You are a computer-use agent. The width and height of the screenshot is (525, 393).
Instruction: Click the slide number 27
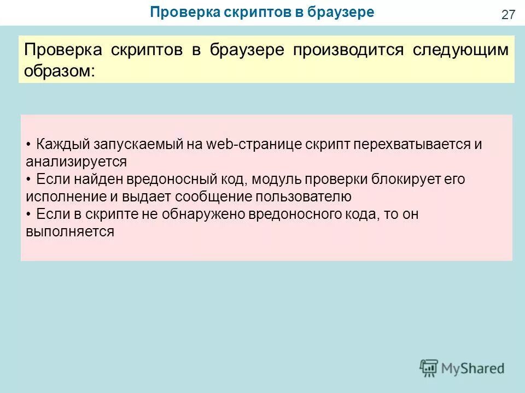[508, 15]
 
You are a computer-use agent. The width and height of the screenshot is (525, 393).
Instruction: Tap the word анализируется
[76, 162]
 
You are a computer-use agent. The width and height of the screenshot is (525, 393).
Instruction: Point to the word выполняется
[69, 231]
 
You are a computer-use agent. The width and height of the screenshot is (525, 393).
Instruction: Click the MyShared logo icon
[429, 368]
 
